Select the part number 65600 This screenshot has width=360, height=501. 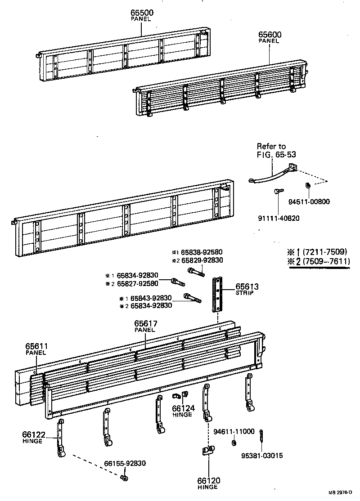(x=269, y=35)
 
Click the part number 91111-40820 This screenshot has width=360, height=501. (x=279, y=219)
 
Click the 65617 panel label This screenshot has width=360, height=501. (x=144, y=326)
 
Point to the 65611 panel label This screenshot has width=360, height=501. (x=36, y=349)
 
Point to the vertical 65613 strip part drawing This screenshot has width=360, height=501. (x=218, y=295)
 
